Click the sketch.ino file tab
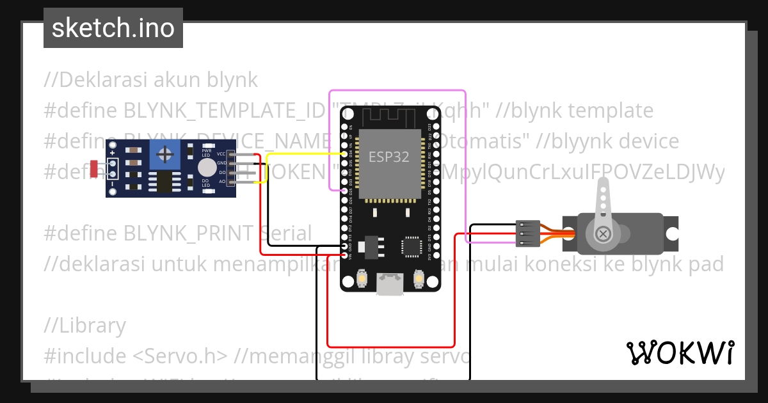click(x=113, y=29)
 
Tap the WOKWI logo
click(x=680, y=352)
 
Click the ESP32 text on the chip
click(x=388, y=157)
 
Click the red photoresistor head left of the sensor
click(x=94, y=168)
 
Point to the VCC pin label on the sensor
click(x=221, y=154)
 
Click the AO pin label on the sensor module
click(x=221, y=182)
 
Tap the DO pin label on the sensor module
click(x=221, y=173)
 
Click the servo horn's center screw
click(x=603, y=233)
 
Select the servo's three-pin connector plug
click(x=524, y=233)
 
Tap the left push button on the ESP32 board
click(x=362, y=280)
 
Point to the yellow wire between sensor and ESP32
click(x=301, y=154)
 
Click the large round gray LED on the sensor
click(x=207, y=168)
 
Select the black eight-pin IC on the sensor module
click(x=164, y=181)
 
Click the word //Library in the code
click(x=85, y=326)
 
